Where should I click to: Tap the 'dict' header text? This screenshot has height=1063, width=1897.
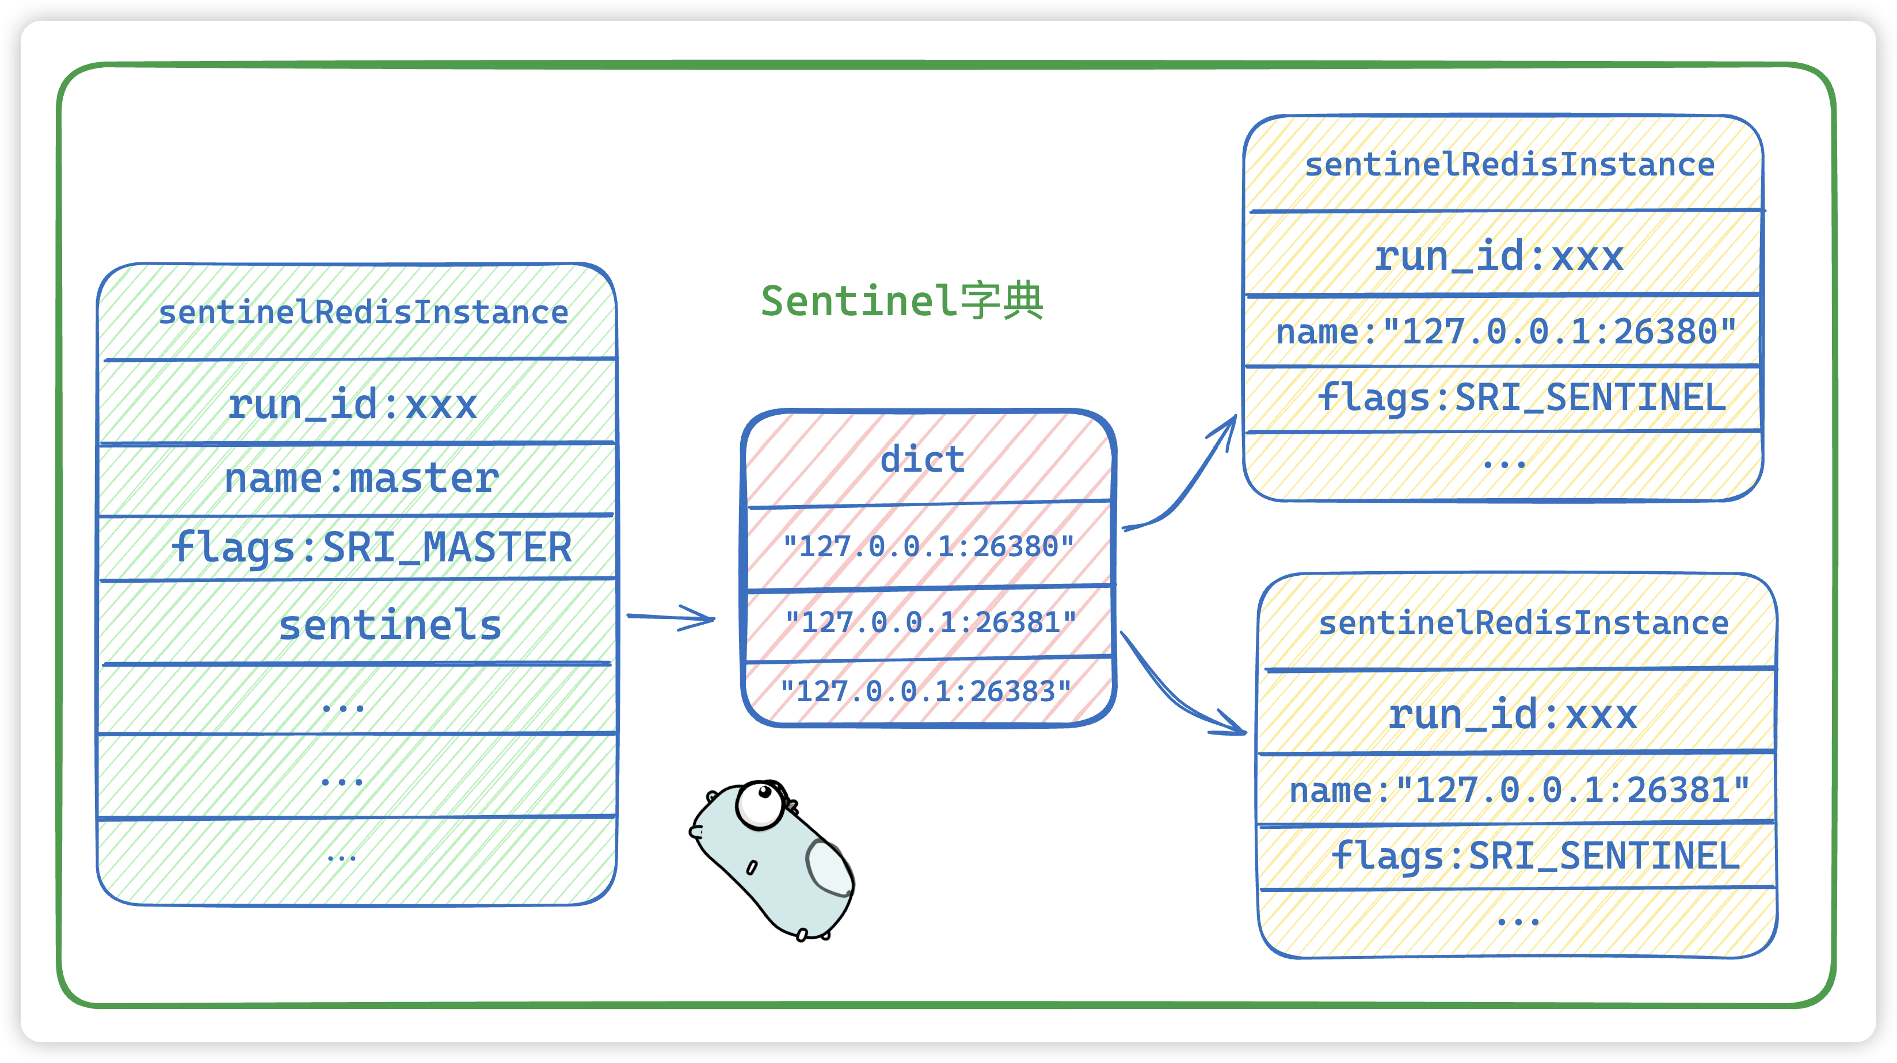[x=922, y=460]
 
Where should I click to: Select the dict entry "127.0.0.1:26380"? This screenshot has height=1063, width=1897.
[x=928, y=546]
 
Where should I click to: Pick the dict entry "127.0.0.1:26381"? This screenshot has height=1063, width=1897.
[x=931, y=622]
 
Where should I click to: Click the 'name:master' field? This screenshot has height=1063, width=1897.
[x=361, y=479]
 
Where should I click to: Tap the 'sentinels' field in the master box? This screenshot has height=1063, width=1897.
[x=390, y=625]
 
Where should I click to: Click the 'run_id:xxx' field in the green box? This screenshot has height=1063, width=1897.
[x=352, y=404]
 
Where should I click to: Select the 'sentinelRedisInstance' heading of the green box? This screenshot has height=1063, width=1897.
[x=364, y=313]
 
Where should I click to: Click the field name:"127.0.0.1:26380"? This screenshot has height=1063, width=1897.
[x=1507, y=331]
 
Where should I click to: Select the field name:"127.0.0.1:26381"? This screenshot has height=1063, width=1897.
[x=1520, y=790]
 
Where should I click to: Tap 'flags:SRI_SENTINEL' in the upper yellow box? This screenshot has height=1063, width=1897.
[x=1521, y=398]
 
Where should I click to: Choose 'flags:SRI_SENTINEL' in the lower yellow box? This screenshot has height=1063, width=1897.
[x=1536, y=856]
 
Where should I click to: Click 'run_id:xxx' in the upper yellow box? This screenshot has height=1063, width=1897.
[x=1499, y=256]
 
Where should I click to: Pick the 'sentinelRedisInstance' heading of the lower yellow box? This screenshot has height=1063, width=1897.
[x=1523, y=624]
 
